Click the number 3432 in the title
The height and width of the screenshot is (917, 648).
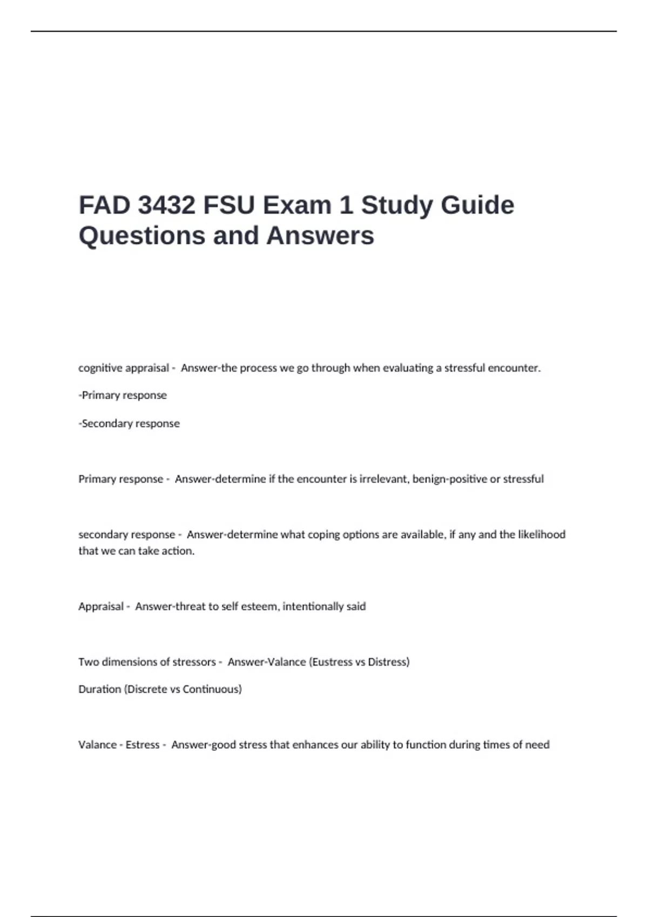coord(166,206)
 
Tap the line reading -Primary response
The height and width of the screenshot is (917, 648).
coord(123,395)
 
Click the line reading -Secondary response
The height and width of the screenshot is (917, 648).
coord(129,423)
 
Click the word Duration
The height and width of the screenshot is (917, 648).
coord(100,689)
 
